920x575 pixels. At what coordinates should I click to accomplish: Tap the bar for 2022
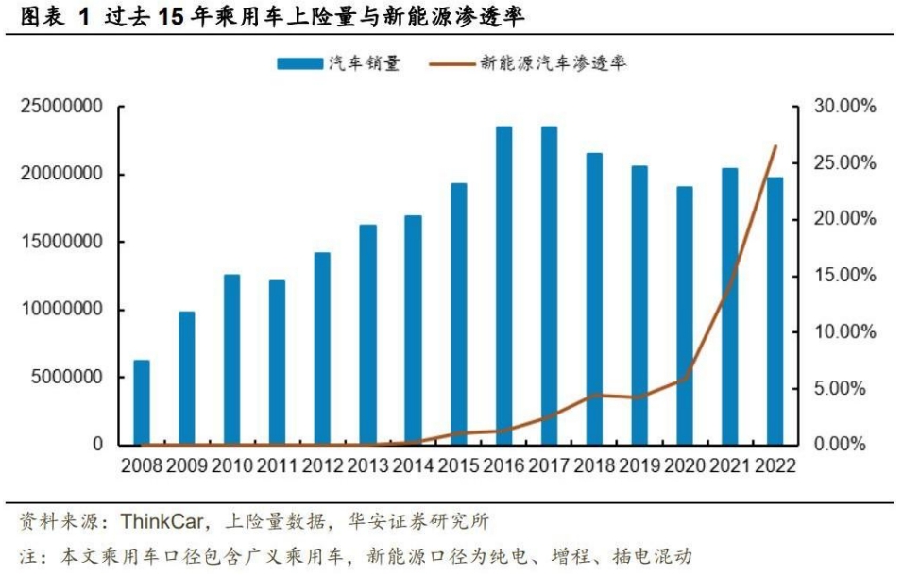pyautogui.click(x=775, y=311)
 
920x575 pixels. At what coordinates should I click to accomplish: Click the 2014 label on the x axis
pyautogui.click(x=413, y=465)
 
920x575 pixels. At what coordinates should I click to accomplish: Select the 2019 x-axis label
pyautogui.click(x=639, y=465)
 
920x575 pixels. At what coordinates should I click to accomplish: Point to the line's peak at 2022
pyautogui.click(x=775, y=146)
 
